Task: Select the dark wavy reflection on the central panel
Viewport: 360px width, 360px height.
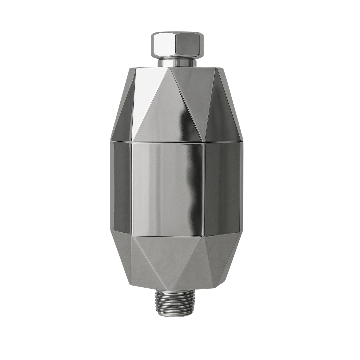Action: (x=193, y=187)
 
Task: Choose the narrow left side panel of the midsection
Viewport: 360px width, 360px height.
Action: (x=122, y=187)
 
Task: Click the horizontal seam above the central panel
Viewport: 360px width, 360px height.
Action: (x=167, y=142)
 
